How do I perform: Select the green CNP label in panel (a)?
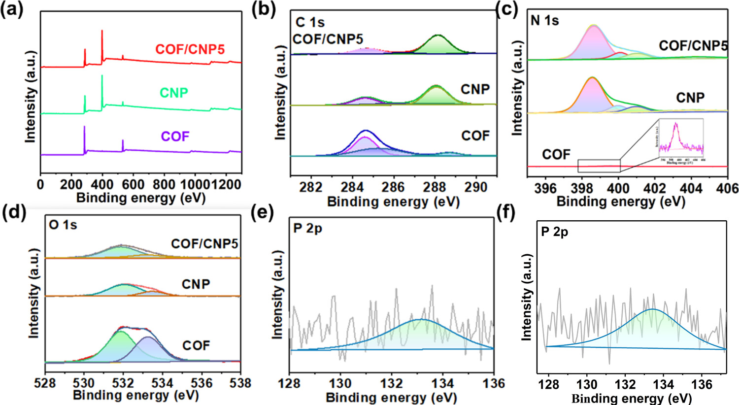173,93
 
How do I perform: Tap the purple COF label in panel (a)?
175,136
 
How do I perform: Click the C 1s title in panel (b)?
310,22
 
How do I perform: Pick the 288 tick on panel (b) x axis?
435,187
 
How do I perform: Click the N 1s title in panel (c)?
544,21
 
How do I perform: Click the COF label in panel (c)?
556,155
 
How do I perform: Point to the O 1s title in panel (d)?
63,225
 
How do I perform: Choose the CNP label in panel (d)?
196,284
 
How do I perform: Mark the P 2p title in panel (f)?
554,232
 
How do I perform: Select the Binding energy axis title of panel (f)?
632,398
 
